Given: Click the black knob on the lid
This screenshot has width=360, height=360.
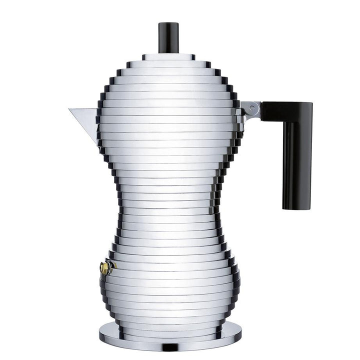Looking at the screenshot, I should [x=168, y=37].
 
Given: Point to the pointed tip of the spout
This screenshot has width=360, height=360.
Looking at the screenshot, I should [x=70, y=109].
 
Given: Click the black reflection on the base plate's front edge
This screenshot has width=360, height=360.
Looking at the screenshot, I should [x=170, y=346].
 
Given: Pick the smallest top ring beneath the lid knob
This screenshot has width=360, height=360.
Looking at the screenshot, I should [x=168, y=57].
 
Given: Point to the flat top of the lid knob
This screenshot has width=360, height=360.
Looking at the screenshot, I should [x=168, y=23].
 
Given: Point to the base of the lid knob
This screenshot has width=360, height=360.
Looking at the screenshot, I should [x=168, y=51].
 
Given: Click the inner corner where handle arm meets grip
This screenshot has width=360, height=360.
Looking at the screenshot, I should [x=283, y=121].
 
